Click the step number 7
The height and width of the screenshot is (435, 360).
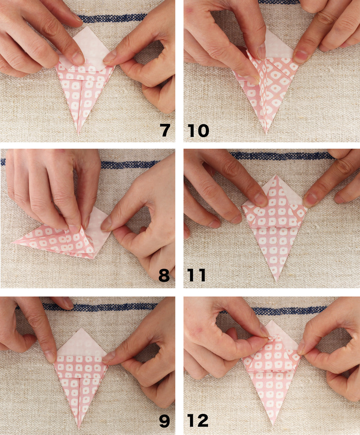pyautogui.click(x=165, y=130)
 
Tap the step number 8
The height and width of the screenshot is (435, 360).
pyautogui.click(x=164, y=275)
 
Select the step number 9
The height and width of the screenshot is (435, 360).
pyautogui.click(x=164, y=420)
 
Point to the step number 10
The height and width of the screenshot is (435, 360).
pyautogui.click(x=198, y=130)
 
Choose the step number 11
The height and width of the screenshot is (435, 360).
pyautogui.click(x=197, y=275)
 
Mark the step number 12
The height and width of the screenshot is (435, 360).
pyautogui.click(x=198, y=420)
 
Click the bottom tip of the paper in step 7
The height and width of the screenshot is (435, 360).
pyautogui.click(x=79, y=134)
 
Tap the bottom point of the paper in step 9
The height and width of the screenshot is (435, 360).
pyautogui.click(x=79, y=428)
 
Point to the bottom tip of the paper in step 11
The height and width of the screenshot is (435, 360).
pyautogui.click(x=276, y=281)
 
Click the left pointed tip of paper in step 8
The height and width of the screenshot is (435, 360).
pyautogui.click(x=13, y=243)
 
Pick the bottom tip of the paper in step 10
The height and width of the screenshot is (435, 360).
pyautogui.click(x=266, y=134)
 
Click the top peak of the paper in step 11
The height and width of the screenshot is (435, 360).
pyautogui.click(x=275, y=175)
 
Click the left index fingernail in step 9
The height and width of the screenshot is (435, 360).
pyautogui.click(x=50, y=356)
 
